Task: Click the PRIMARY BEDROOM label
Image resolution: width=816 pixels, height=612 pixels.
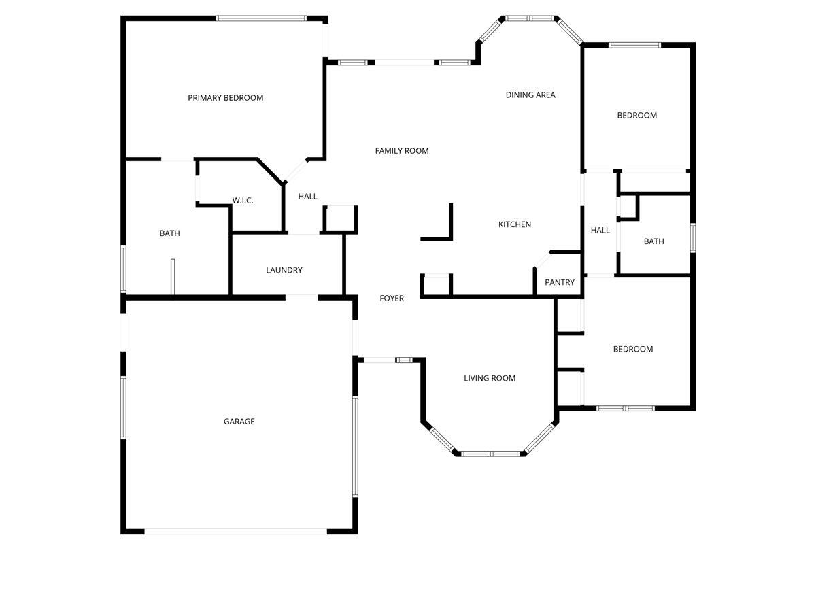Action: (225, 98)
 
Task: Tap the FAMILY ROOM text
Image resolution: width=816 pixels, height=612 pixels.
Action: (402, 151)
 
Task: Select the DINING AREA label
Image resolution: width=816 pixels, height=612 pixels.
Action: (530, 95)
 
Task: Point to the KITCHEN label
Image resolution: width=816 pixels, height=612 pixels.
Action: (515, 224)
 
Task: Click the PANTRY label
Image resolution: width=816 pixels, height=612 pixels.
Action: (560, 282)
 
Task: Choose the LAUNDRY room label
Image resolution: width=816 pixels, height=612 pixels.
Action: (284, 270)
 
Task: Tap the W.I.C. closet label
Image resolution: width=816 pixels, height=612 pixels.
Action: (243, 201)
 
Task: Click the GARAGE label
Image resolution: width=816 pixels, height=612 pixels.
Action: (239, 422)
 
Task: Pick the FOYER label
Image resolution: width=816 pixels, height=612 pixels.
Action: (392, 299)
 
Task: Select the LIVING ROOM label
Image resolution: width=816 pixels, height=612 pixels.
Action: (490, 378)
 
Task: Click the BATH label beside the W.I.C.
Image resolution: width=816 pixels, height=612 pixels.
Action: (170, 233)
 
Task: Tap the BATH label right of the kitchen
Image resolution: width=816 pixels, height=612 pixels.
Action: (653, 241)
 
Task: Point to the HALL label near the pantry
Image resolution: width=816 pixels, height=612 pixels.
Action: (600, 231)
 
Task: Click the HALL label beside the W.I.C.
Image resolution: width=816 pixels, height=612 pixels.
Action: (307, 197)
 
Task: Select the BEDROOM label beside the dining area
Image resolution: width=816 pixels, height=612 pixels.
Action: (637, 116)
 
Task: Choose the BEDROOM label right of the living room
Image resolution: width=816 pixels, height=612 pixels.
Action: (633, 349)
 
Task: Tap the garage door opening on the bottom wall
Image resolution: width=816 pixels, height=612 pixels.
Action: (235, 531)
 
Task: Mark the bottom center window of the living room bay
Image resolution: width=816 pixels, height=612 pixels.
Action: (491, 454)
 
